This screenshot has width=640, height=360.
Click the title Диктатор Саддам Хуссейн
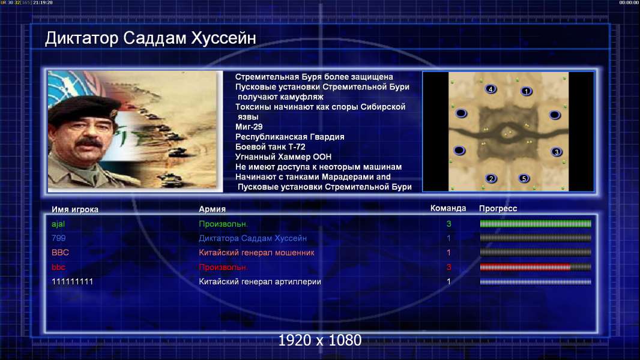[151, 38]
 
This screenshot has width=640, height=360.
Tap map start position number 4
[491, 89]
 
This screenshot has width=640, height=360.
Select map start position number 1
[527, 91]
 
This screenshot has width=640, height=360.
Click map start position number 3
[557, 152]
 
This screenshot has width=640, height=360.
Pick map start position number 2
[491, 178]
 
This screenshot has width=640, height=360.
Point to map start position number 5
[524, 178]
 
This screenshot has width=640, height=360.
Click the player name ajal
[58, 224]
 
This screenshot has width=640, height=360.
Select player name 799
[59, 238]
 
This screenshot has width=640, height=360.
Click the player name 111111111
[72, 282]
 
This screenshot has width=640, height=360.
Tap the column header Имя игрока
[74, 209]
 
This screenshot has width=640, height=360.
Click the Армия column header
[213, 209]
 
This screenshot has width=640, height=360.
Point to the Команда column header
[448, 208]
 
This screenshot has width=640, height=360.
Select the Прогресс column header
[498, 208]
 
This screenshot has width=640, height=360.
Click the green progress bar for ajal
[536, 223]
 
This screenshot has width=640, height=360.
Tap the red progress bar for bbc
[525, 267]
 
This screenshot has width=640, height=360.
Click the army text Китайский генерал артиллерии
[260, 282]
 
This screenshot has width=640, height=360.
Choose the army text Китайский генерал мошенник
[256, 253]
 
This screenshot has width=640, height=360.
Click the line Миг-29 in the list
[249, 127]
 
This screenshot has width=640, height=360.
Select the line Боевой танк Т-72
[270, 147]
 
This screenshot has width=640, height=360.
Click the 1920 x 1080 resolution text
[320, 340]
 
